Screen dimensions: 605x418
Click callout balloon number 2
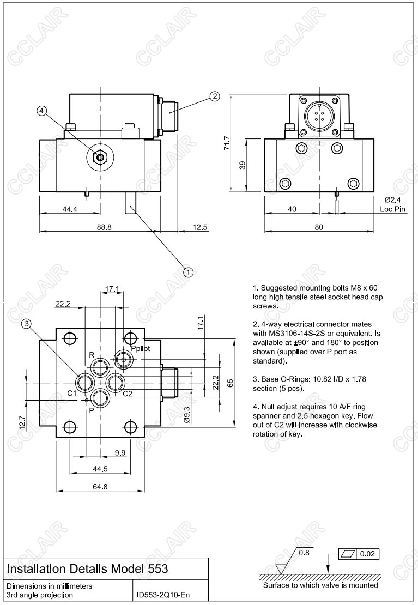coord(215,96)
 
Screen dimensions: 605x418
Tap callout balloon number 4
coord(42,111)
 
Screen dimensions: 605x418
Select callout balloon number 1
coord(188,271)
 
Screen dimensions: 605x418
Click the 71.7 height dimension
coord(227,143)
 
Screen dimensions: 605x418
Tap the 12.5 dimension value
coord(201,227)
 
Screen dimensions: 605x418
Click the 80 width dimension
coord(319,227)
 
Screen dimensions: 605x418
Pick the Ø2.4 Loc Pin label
coord(392,204)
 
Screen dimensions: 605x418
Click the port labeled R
coord(100,365)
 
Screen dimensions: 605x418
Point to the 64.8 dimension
coord(100,487)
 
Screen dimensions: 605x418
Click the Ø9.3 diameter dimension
coord(187,415)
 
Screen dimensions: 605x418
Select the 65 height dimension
coord(229,383)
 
